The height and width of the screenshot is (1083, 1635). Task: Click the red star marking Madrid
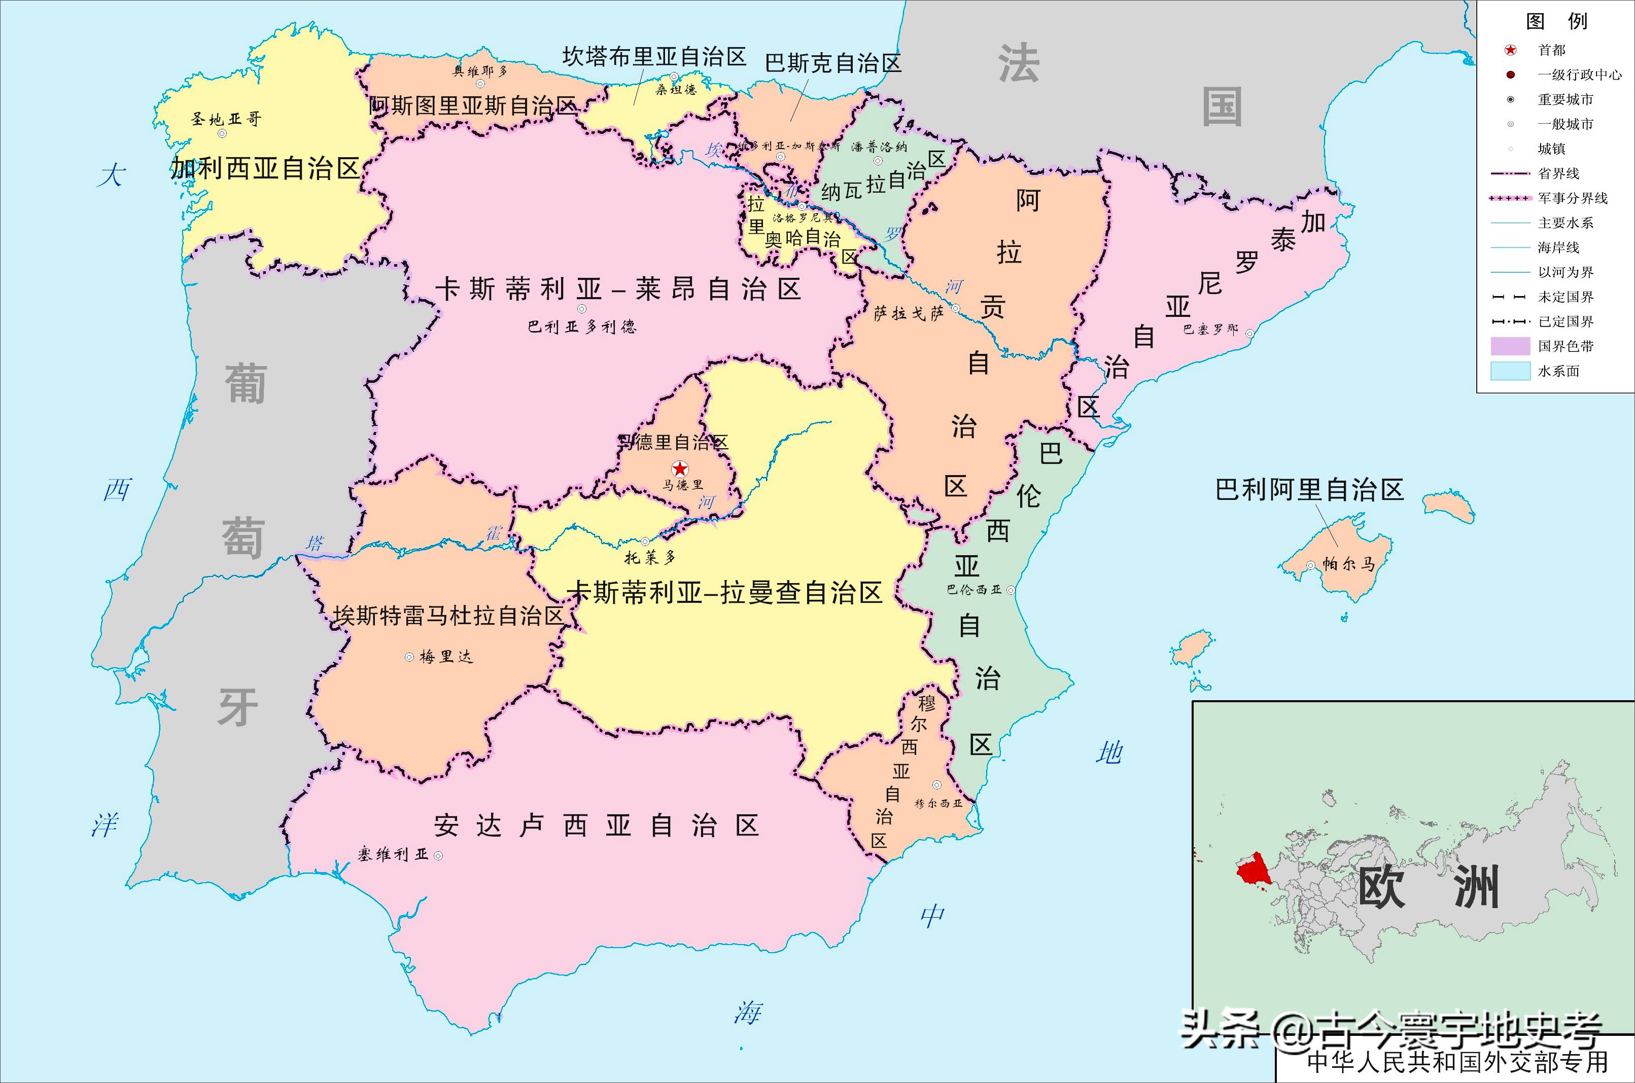680,468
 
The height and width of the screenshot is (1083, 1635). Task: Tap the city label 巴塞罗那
1210,330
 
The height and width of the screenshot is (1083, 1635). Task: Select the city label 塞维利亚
393,854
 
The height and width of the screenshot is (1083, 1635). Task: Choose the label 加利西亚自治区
265,168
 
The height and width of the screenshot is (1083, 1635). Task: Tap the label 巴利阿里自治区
1309,490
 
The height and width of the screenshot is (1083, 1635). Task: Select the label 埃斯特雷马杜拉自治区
448,616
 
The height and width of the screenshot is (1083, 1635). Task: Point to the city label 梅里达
446,657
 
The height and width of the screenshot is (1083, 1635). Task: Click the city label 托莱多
649,557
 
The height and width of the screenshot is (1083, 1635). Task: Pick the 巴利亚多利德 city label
582,327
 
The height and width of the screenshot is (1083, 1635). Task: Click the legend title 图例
1556,21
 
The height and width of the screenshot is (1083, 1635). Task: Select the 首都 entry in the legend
1551,50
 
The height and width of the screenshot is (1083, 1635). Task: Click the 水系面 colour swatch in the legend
1510,371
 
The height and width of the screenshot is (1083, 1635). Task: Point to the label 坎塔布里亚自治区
654,57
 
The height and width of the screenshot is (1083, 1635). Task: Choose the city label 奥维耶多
479,71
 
